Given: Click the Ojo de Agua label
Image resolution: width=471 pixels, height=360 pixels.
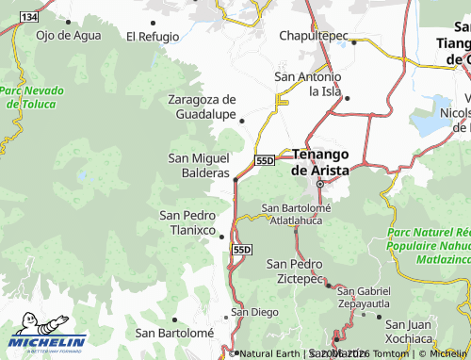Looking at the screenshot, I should [68, 35].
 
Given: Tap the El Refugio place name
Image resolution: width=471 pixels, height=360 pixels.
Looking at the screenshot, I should [152, 36].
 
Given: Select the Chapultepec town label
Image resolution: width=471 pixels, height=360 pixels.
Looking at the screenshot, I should [313, 35].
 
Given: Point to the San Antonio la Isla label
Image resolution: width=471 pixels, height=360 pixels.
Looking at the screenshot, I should [308, 83].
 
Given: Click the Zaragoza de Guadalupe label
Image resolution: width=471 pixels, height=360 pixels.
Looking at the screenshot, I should [202, 106].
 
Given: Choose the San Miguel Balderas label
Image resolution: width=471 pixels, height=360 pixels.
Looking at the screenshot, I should [198, 165].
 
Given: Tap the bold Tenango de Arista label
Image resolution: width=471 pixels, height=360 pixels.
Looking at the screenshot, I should [320, 161].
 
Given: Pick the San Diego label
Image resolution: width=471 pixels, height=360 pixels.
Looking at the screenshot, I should [255, 311].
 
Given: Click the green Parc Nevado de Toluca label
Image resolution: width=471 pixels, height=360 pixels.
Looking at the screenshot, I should [32, 97].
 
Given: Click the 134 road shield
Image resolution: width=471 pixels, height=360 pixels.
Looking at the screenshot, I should [29, 18].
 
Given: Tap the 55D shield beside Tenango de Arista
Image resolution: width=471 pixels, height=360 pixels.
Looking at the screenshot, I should [264, 161].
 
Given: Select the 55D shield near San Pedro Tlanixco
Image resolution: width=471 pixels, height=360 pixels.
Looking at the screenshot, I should [243, 248].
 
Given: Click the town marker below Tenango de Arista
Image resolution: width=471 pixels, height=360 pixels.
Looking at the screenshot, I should [319, 183].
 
